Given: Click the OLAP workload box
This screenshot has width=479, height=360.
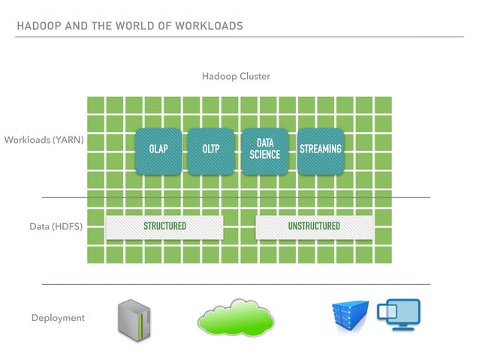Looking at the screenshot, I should click(x=158, y=150).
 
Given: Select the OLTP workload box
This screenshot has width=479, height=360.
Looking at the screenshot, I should click(x=211, y=150).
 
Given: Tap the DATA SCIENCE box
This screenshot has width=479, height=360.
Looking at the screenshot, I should click(x=264, y=150).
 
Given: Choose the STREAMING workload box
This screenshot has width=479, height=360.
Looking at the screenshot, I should click(x=321, y=150).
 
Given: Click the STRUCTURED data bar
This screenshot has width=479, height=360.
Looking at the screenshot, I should click(x=164, y=226).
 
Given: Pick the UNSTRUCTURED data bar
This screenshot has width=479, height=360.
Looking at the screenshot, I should click(x=314, y=226).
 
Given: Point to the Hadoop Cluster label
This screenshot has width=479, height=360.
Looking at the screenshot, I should click(x=236, y=77).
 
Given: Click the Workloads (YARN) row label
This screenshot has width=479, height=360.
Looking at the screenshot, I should click(x=44, y=140).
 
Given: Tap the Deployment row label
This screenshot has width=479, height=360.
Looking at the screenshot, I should click(x=58, y=318).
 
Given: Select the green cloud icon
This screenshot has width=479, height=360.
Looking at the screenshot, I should click(x=234, y=318).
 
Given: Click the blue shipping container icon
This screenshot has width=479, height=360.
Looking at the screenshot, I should click(x=351, y=316).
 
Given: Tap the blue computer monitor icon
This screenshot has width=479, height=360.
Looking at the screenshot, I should click(x=398, y=315).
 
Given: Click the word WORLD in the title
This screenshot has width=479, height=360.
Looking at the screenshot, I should click(x=131, y=26).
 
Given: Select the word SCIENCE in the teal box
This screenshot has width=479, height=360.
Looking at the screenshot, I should click(x=264, y=156).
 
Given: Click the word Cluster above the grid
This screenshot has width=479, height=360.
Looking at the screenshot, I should click(x=254, y=77).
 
